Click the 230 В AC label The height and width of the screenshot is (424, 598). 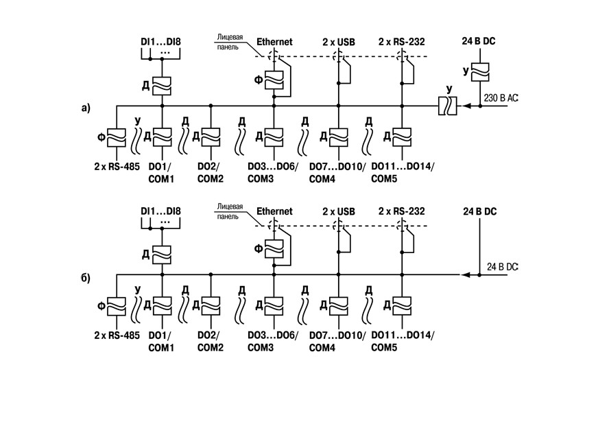click(501, 98)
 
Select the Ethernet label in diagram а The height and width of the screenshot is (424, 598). click(274, 42)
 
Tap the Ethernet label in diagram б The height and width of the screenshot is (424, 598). click(274, 211)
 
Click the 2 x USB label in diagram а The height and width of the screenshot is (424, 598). click(339, 42)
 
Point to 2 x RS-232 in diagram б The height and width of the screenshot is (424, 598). click(402, 211)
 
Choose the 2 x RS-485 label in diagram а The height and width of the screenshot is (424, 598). click(117, 167)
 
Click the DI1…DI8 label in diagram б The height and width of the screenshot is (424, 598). click(160, 211)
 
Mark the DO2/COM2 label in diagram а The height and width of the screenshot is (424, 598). click(210, 172)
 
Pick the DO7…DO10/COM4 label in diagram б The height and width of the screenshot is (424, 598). click(337, 342)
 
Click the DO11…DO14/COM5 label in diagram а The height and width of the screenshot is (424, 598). click(403, 172)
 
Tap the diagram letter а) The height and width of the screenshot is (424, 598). click(86, 108)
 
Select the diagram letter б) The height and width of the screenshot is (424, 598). click(86, 278)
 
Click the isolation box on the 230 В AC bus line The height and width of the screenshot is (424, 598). click(448, 106)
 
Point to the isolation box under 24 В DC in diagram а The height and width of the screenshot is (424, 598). click(480, 72)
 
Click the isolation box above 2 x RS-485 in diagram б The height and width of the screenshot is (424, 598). click(117, 307)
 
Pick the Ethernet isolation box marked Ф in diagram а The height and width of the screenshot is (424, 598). click(274, 80)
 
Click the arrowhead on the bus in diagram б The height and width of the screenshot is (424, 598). click(466, 275)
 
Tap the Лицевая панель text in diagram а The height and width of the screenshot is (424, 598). click(230, 42)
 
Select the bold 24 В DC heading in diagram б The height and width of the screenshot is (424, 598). click(480, 211)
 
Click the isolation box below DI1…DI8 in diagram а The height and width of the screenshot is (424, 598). click(162, 86)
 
